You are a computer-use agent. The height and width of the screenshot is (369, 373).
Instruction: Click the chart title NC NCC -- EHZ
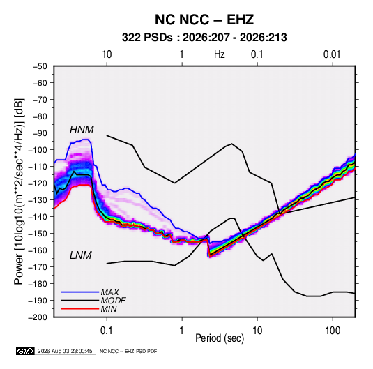[204, 20]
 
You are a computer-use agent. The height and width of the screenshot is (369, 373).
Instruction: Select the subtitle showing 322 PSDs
[204, 38]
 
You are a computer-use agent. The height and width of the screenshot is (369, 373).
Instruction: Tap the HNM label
[82, 130]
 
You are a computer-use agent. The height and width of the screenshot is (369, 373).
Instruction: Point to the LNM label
[81, 255]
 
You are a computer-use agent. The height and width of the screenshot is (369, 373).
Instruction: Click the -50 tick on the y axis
[40, 66]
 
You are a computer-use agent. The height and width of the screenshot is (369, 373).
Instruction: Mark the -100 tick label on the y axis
[38, 150]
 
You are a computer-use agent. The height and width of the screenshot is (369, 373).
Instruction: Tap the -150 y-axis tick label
[38, 234]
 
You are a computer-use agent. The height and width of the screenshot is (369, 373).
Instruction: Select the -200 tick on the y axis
[38, 317]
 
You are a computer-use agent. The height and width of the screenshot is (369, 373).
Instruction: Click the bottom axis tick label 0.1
[107, 331]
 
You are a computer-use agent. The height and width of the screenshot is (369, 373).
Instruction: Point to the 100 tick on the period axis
[333, 331]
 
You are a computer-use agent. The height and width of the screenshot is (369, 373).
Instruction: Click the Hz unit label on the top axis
[220, 54]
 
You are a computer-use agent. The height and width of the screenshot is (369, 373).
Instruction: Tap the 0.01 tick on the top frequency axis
[332, 54]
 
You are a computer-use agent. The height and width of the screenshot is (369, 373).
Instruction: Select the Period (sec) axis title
[220, 338]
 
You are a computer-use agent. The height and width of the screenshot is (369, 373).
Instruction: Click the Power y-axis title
[20, 191]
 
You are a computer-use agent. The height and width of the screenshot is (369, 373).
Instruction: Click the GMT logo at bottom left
[26, 351]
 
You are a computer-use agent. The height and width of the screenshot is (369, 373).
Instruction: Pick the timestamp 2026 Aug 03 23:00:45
[65, 351]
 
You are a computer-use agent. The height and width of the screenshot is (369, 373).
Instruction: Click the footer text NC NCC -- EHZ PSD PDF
[128, 351]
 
